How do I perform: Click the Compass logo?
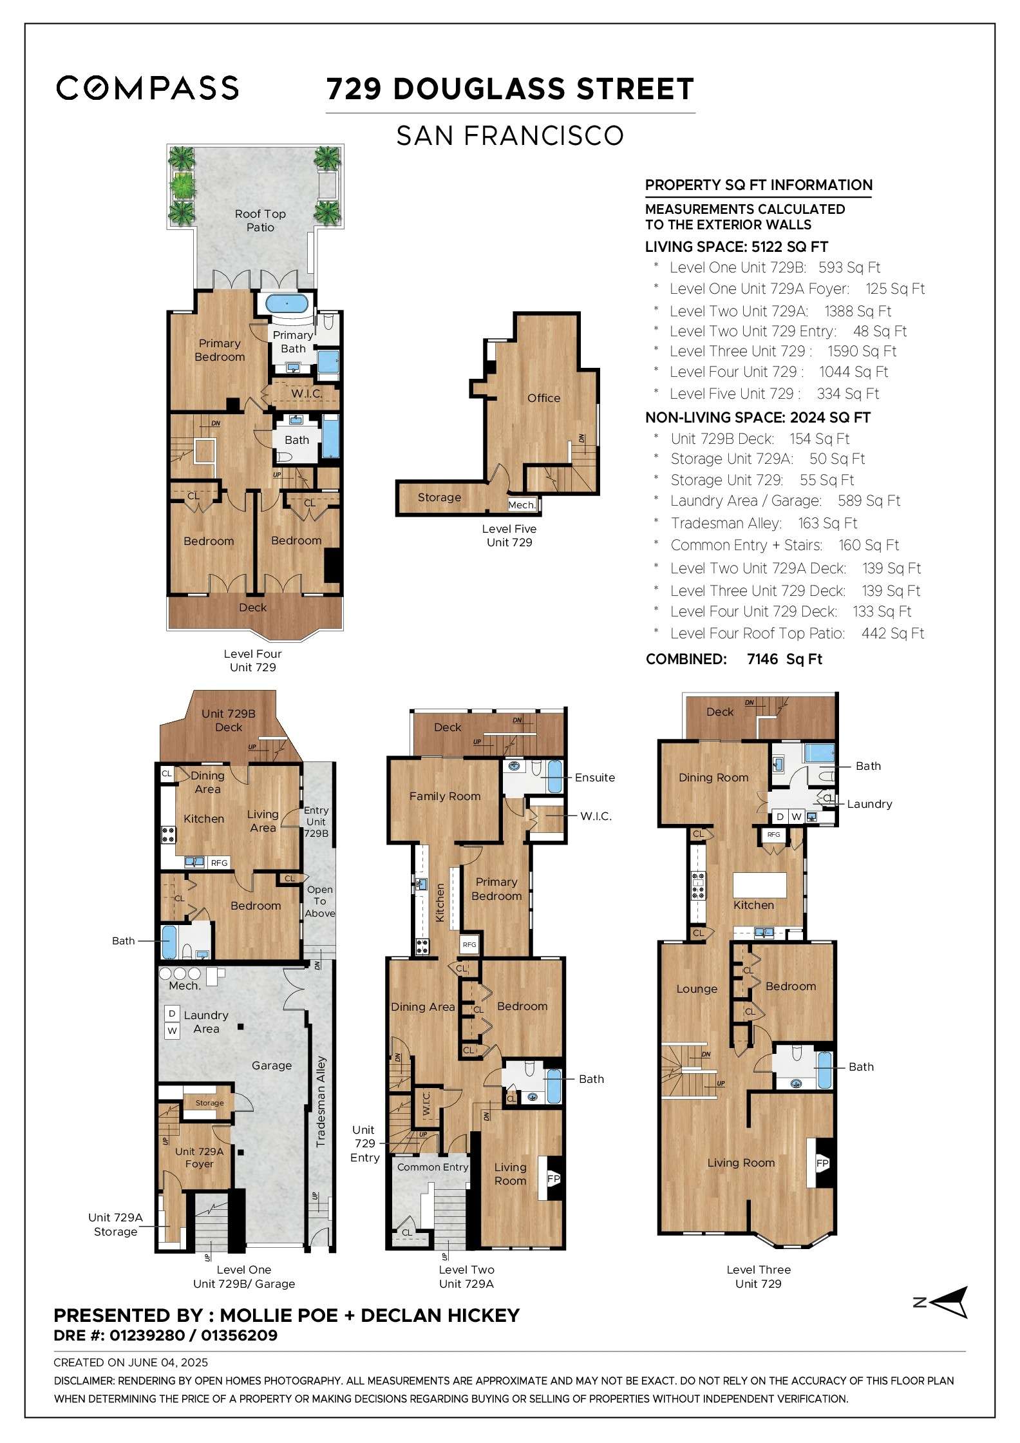click(147, 88)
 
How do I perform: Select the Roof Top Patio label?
click(260, 220)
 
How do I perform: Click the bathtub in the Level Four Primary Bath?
click(287, 303)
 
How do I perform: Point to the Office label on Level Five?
click(543, 398)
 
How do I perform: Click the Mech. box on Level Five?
click(522, 505)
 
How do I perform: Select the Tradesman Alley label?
click(321, 1102)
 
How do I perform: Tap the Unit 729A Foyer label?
click(199, 1158)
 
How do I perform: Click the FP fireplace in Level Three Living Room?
click(822, 1163)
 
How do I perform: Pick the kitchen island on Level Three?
click(760, 881)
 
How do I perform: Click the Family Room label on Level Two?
click(445, 796)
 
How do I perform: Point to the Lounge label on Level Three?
click(697, 989)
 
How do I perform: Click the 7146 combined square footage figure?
click(762, 659)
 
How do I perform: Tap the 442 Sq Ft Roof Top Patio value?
click(892, 633)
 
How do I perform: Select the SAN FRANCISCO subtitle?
click(510, 135)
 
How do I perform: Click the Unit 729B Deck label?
click(229, 720)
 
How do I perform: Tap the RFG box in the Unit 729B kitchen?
click(219, 863)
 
